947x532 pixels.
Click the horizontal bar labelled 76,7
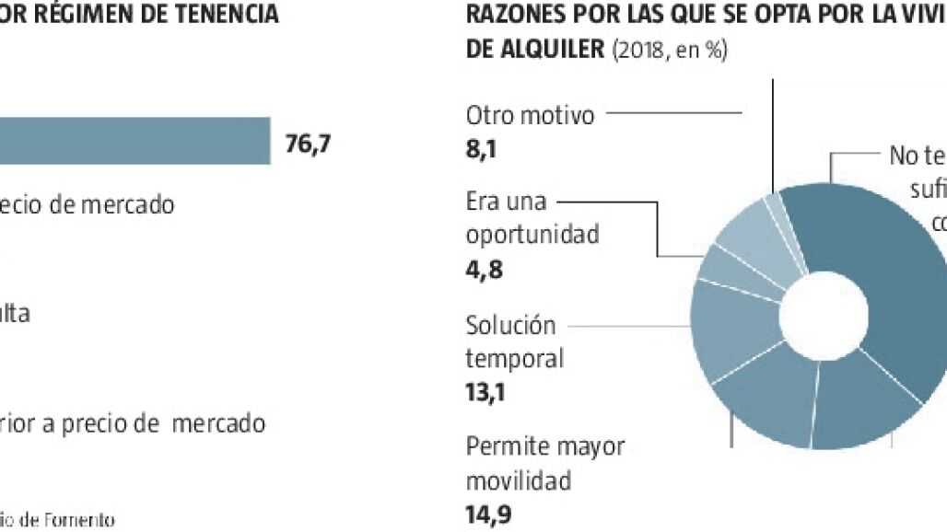point(134,141)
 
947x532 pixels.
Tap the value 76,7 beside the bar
point(308,145)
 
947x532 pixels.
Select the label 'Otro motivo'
point(530,115)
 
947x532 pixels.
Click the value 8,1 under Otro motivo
point(482,149)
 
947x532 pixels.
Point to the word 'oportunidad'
point(532,235)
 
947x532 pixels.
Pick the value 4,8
point(485,270)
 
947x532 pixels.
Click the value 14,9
point(486,514)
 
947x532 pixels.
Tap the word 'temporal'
point(513,358)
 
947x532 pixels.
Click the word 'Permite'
point(506,447)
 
